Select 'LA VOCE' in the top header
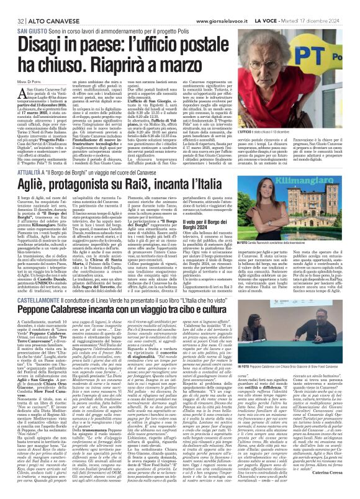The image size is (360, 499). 291,6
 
